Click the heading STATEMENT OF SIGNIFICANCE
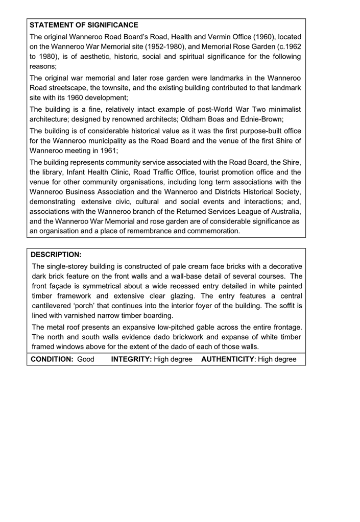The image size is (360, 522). click(84, 25)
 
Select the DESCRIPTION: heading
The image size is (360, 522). click(56, 254)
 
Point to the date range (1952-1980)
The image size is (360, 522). click(164, 46)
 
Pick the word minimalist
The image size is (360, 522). click(281, 110)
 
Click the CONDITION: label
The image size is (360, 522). click(53, 359)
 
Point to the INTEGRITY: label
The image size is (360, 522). click(131, 359)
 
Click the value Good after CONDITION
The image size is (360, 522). click(86, 359)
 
